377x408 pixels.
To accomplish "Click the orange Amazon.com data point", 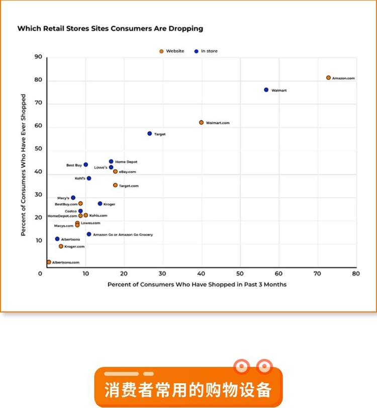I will (328, 78).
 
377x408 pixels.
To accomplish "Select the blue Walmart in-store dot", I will (266, 90).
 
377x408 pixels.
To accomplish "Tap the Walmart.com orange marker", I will (201, 122).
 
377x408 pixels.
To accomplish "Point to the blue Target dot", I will (149, 133).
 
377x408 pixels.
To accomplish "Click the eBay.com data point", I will (115, 172).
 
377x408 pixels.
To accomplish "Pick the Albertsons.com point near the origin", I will (49, 262).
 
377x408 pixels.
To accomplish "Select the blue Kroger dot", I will (100, 204).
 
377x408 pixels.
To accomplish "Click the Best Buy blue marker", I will (85, 165).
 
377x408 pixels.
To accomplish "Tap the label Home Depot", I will (126, 162).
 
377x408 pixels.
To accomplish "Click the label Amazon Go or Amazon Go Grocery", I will (123, 234).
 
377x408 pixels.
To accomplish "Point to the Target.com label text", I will (129, 186).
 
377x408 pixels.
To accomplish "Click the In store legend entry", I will (209, 51).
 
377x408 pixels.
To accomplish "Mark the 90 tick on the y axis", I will (38, 57).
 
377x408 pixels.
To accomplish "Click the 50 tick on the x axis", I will (240, 274).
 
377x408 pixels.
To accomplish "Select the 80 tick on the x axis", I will (356, 274).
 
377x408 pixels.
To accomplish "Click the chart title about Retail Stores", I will (110, 29).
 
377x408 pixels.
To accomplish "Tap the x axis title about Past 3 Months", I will (197, 285).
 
